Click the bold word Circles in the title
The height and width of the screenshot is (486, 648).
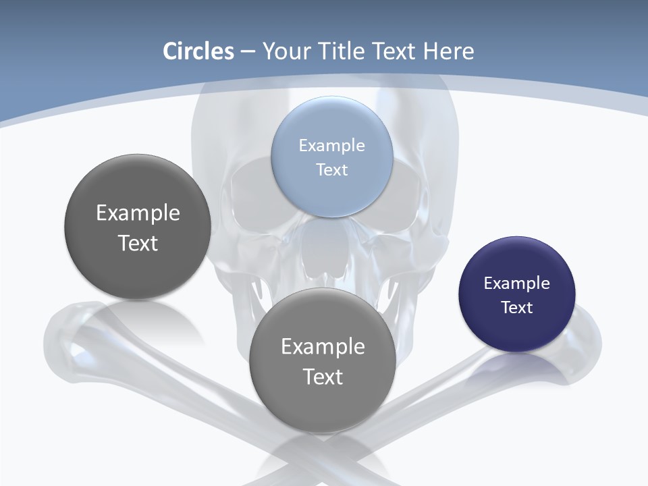198,51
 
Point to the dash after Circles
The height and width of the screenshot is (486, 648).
248,52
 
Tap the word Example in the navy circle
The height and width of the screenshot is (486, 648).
517,283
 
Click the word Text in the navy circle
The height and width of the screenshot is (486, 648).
517,308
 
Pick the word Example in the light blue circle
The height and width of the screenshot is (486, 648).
332,146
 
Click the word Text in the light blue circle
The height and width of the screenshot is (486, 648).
332,170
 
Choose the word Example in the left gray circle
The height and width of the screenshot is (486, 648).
138,213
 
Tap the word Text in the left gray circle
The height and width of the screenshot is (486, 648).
138,243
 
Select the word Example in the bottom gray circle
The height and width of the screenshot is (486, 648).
323,347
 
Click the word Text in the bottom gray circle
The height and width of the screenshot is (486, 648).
323,377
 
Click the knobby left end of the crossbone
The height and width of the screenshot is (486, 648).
67,337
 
